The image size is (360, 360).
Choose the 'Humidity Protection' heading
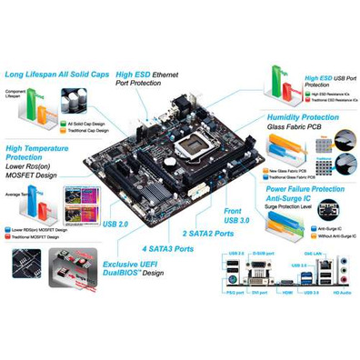click(305, 118)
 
